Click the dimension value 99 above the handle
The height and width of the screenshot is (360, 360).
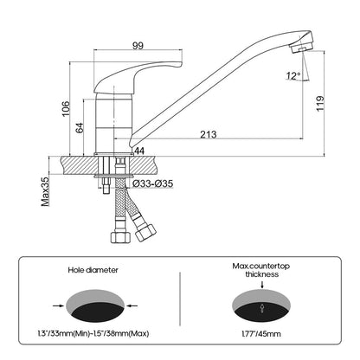(138, 46)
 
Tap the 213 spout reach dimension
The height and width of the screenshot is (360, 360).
(209, 134)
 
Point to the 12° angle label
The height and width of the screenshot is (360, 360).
(293, 76)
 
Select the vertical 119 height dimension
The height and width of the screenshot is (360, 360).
(320, 104)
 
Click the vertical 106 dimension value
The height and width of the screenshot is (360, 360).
(66, 108)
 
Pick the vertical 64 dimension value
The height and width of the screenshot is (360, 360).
(80, 127)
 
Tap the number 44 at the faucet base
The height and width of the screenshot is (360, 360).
(139, 151)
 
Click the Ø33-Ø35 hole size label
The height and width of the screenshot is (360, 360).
(153, 183)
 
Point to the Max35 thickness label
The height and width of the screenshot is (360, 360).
(45, 191)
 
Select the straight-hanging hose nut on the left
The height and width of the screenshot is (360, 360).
(120, 235)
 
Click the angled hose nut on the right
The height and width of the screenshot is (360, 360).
(145, 232)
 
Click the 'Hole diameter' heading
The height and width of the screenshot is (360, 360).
(93, 270)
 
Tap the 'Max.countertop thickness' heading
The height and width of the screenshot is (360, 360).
(261, 270)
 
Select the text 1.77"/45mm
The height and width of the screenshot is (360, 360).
(261, 334)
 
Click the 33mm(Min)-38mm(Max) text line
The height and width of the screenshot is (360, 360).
(93, 334)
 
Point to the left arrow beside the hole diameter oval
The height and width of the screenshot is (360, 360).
(58, 305)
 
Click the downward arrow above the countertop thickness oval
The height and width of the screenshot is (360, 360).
(262, 285)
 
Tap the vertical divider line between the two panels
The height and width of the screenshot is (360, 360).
(180, 299)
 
